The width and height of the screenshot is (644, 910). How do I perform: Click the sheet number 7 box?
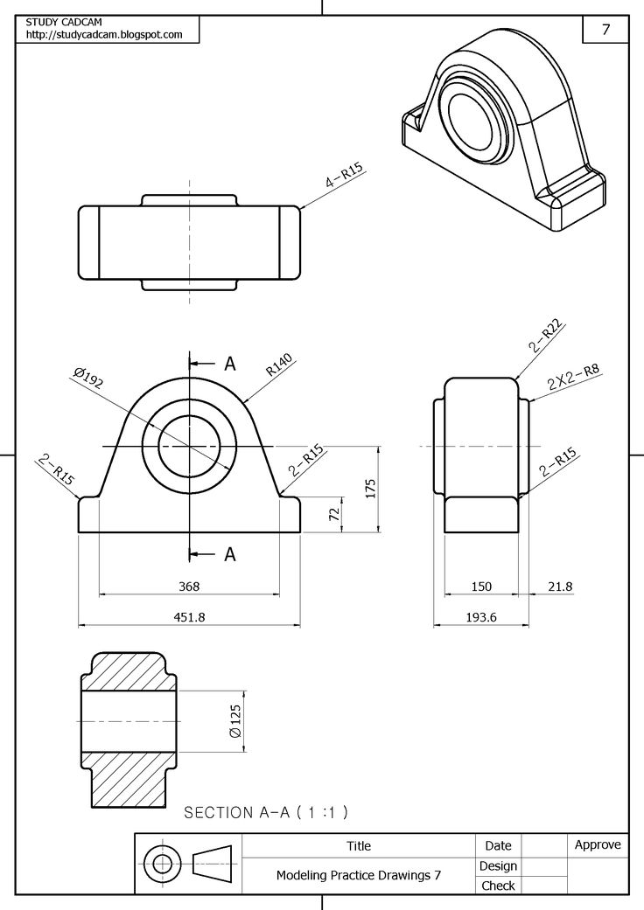[x=605, y=29]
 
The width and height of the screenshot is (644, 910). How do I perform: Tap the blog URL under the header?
[x=104, y=35]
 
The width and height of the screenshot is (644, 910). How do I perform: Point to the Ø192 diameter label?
[x=89, y=378]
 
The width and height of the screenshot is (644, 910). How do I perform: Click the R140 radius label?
[x=280, y=365]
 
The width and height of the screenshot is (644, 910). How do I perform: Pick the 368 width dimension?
[x=189, y=587]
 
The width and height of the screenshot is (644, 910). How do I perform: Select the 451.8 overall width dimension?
[x=189, y=616]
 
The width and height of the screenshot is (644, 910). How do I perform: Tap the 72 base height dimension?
[x=333, y=514]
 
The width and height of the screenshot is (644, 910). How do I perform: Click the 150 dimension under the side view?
[x=481, y=587]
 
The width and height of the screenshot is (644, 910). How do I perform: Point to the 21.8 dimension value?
[x=560, y=587]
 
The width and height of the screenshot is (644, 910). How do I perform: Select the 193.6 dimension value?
[x=481, y=616]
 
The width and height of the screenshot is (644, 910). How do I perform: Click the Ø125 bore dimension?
[x=234, y=720]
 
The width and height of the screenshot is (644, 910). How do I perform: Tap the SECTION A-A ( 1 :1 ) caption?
[x=266, y=812]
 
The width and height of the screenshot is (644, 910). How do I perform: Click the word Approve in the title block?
[x=598, y=844]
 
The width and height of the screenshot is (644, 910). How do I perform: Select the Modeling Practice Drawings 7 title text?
[x=359, y=874]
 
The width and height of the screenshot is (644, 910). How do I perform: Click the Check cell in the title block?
[x=498, y=886]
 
